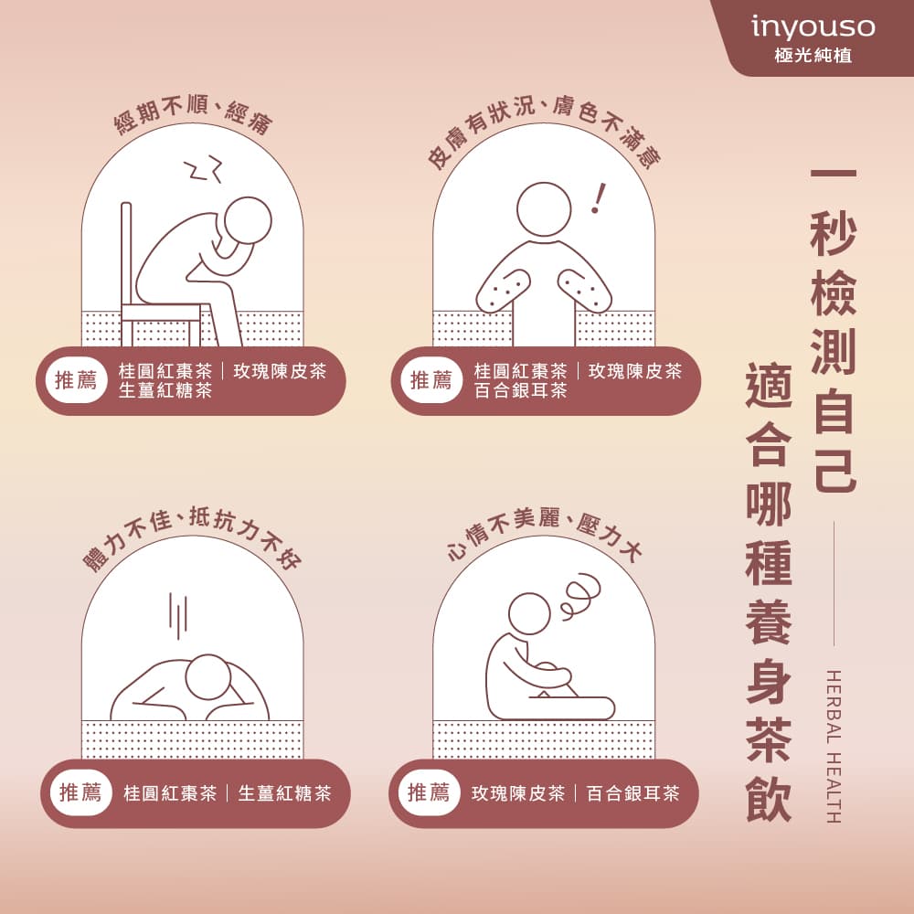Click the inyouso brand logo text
pos(812,27)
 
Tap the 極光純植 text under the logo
pos(812,56)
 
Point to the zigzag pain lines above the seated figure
pos(203,169)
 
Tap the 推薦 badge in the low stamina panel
pos(80,792)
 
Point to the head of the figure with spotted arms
pos(543,208)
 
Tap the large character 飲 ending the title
pos(768,800)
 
